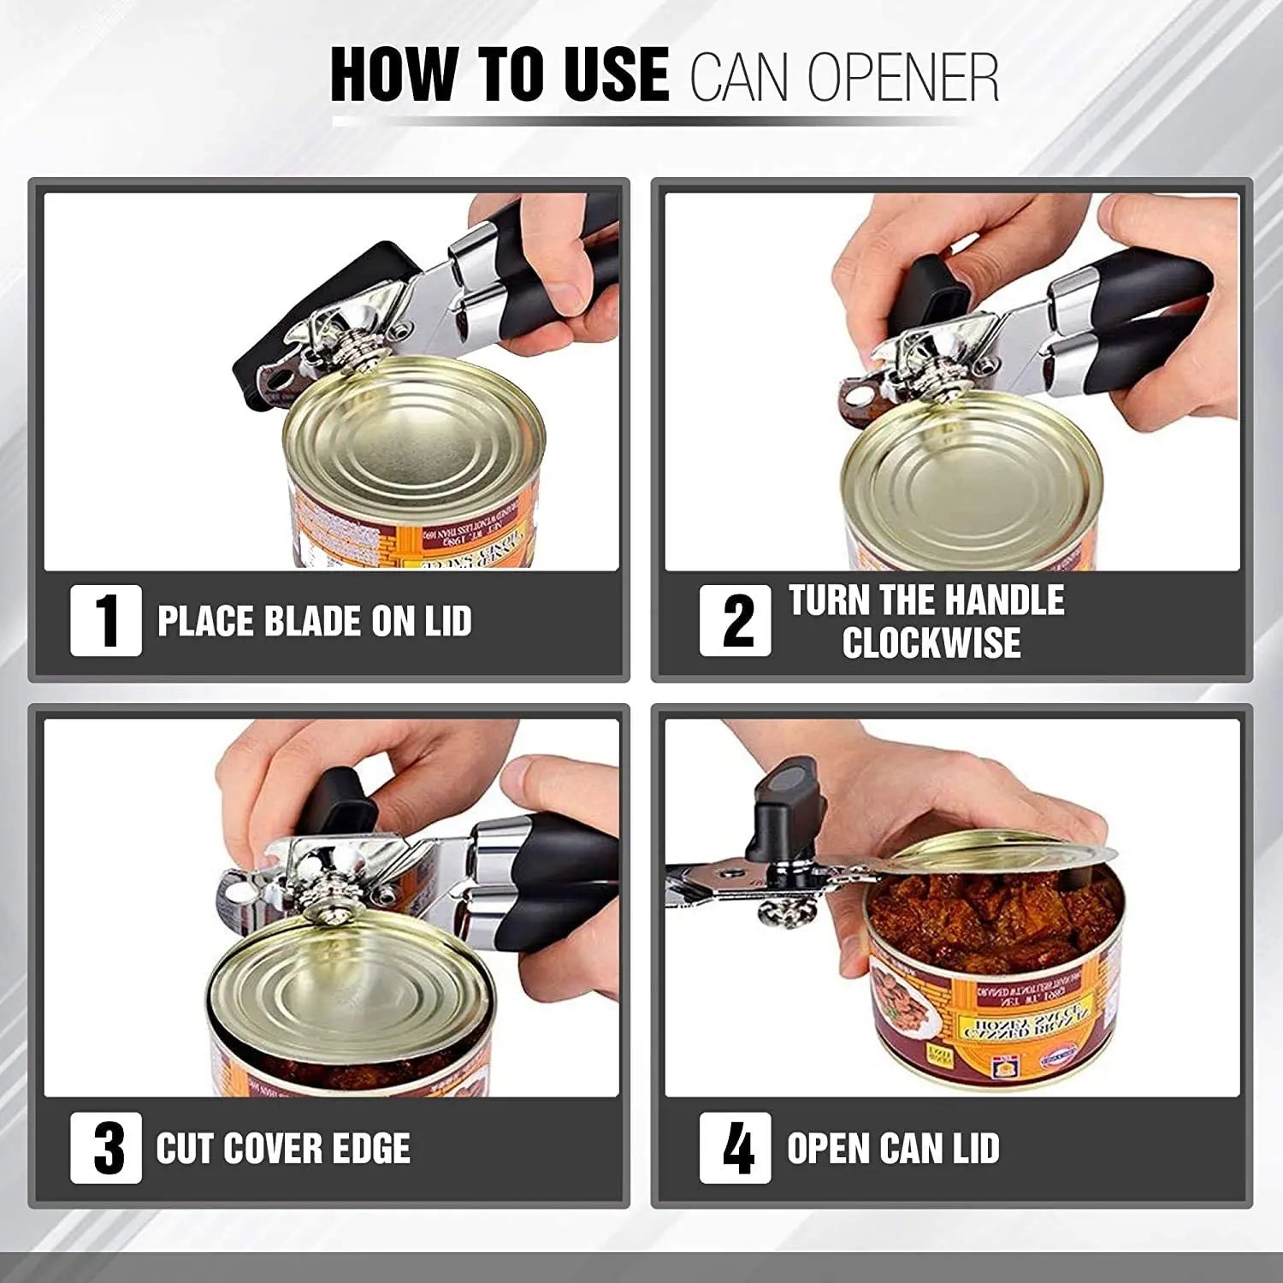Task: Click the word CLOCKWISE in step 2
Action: point(931,643)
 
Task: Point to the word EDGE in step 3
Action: point(369,1148)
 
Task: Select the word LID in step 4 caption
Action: point(971,1148)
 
